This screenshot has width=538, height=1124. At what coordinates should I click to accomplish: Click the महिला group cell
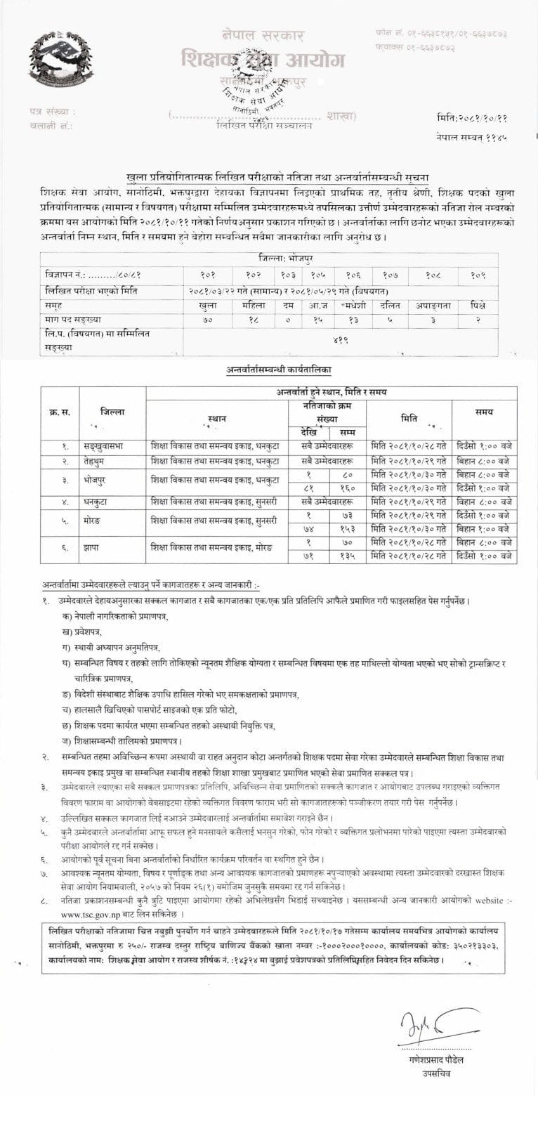pyautogui.click(x=251, y=306)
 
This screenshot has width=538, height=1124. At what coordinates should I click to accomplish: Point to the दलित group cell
pyautogui.click(x=389, y=306)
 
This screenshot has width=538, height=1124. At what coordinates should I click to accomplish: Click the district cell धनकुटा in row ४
pyautogui.click(x=105, y=503)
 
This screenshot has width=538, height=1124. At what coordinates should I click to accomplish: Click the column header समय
pyautogui.click(x=484, y=408)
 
